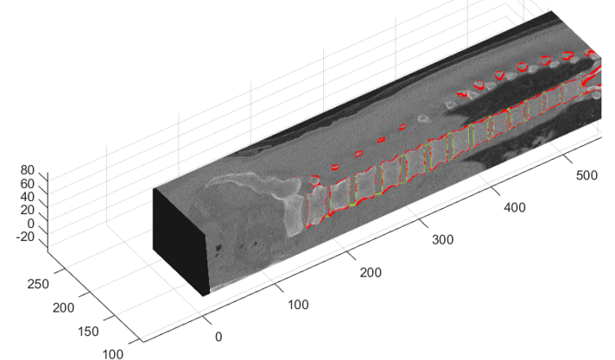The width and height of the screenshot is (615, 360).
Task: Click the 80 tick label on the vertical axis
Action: coord(27,170)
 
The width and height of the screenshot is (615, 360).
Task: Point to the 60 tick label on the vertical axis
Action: coord(27,184)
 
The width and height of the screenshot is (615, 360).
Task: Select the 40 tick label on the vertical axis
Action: coord(27,197)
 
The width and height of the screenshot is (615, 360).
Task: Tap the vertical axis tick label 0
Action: coord(30,224)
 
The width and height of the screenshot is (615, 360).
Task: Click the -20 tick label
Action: coord(25,237)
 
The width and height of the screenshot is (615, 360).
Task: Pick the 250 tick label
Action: coord(38,284)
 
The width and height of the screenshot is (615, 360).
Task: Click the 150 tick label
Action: coord(88,332)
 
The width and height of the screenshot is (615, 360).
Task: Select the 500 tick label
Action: coord(586,175)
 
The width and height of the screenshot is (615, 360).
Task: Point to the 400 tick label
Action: coord(515,207)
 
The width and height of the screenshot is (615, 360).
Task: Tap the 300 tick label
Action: coord(443,240)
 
